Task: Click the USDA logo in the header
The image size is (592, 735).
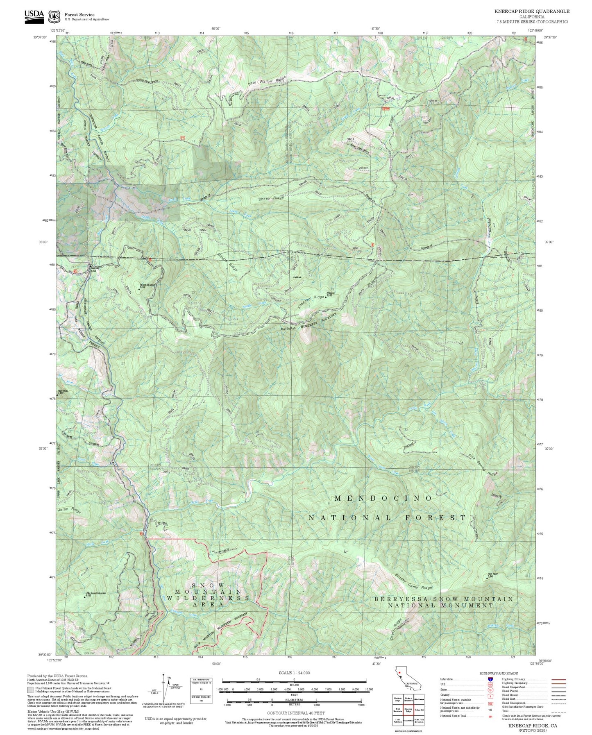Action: pos(34,15)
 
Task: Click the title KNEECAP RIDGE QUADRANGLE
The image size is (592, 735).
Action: pos(531,11)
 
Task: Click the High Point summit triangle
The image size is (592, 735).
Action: pos(487,578)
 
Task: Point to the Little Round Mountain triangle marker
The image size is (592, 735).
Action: pos(85,597)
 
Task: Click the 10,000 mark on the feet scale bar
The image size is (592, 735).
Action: pos(366,690)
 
